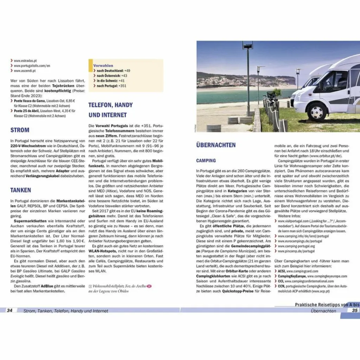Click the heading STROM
pos(20,130)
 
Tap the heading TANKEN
pos(21,190)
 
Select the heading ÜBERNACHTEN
pos(216,145)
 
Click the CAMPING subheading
pos(206,161)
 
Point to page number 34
pos(10,310)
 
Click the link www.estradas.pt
pos(25,61)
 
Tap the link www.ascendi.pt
pos(25,71)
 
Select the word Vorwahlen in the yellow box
pos(103,65)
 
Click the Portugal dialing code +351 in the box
pos(122,86)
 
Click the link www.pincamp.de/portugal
pos(296,251)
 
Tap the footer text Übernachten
pos(323,311)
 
